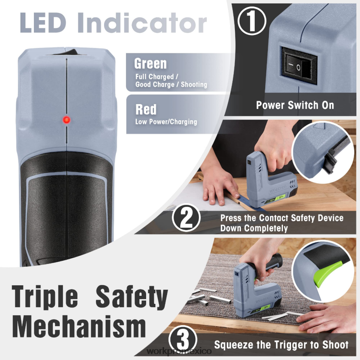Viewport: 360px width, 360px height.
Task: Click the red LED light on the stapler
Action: [66, 119]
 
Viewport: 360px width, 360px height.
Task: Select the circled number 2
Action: [186, 218]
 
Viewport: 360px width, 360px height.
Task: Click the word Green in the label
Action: [150, 64]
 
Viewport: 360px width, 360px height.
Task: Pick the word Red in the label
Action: [146, 109]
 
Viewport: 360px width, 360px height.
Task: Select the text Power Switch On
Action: [295, 105]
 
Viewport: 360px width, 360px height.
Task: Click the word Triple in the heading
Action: [45, 297]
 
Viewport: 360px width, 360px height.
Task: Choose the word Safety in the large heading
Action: [132, 297]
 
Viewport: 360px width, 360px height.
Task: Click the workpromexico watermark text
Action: [179, 351]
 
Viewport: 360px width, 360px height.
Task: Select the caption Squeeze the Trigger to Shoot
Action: [281, 345]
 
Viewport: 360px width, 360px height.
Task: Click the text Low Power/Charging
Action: [166, 121]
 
